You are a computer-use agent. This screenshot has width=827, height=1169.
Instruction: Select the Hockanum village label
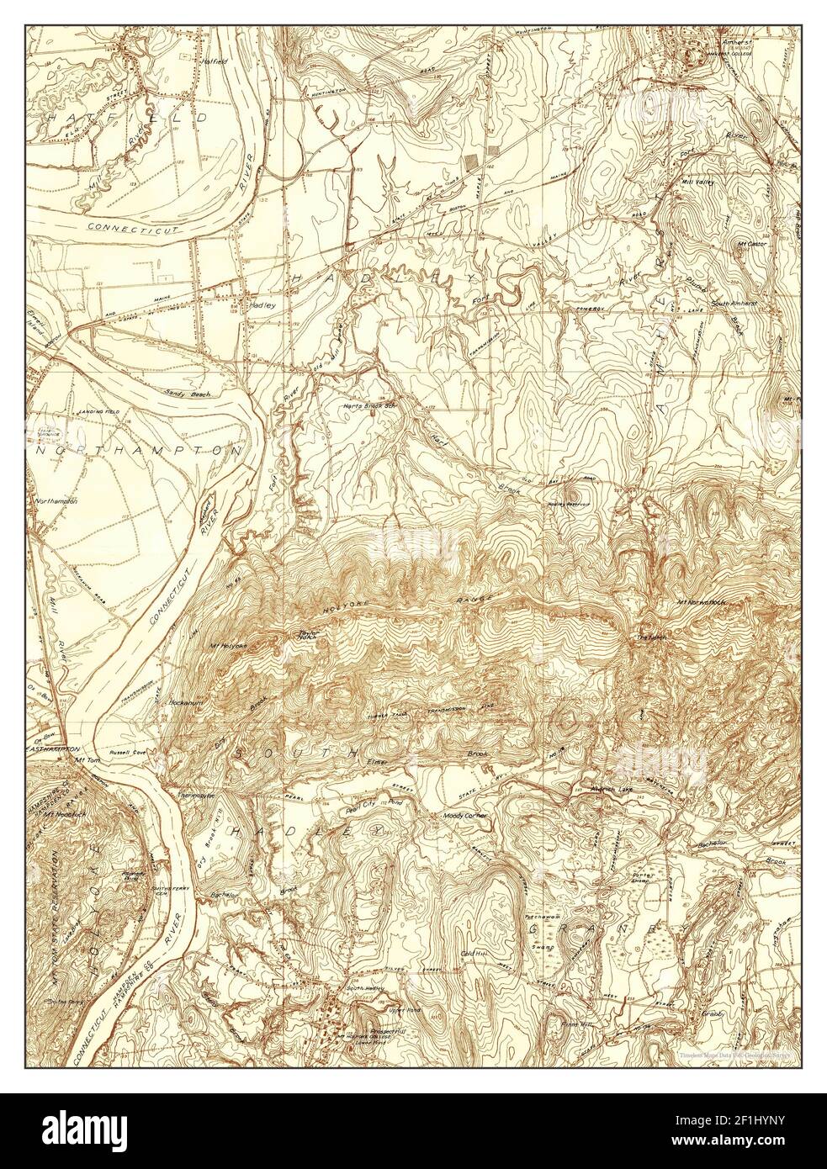pos(187,701)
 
